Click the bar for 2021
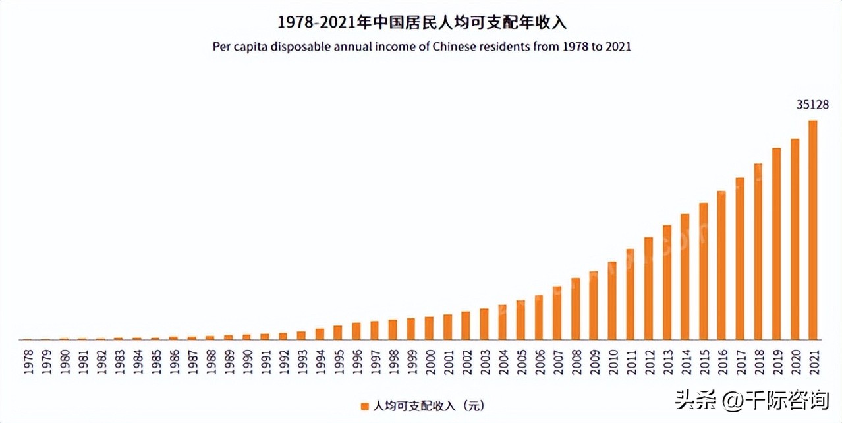[x=812, y=230]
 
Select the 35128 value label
[x=812, y=105]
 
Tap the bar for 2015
[x=703, y=271]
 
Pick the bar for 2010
[x=611, y=300]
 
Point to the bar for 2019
[x=776, y=244]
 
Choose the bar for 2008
[x=575, y=309]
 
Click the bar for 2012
[x=648, y=289]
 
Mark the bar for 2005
[x=520, y=320]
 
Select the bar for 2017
[x=739, y=258]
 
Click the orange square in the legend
[x=364, y=407]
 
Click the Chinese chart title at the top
[x=422, y=22]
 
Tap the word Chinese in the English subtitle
[x=449, y=47]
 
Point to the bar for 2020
[x=795, y=239]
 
